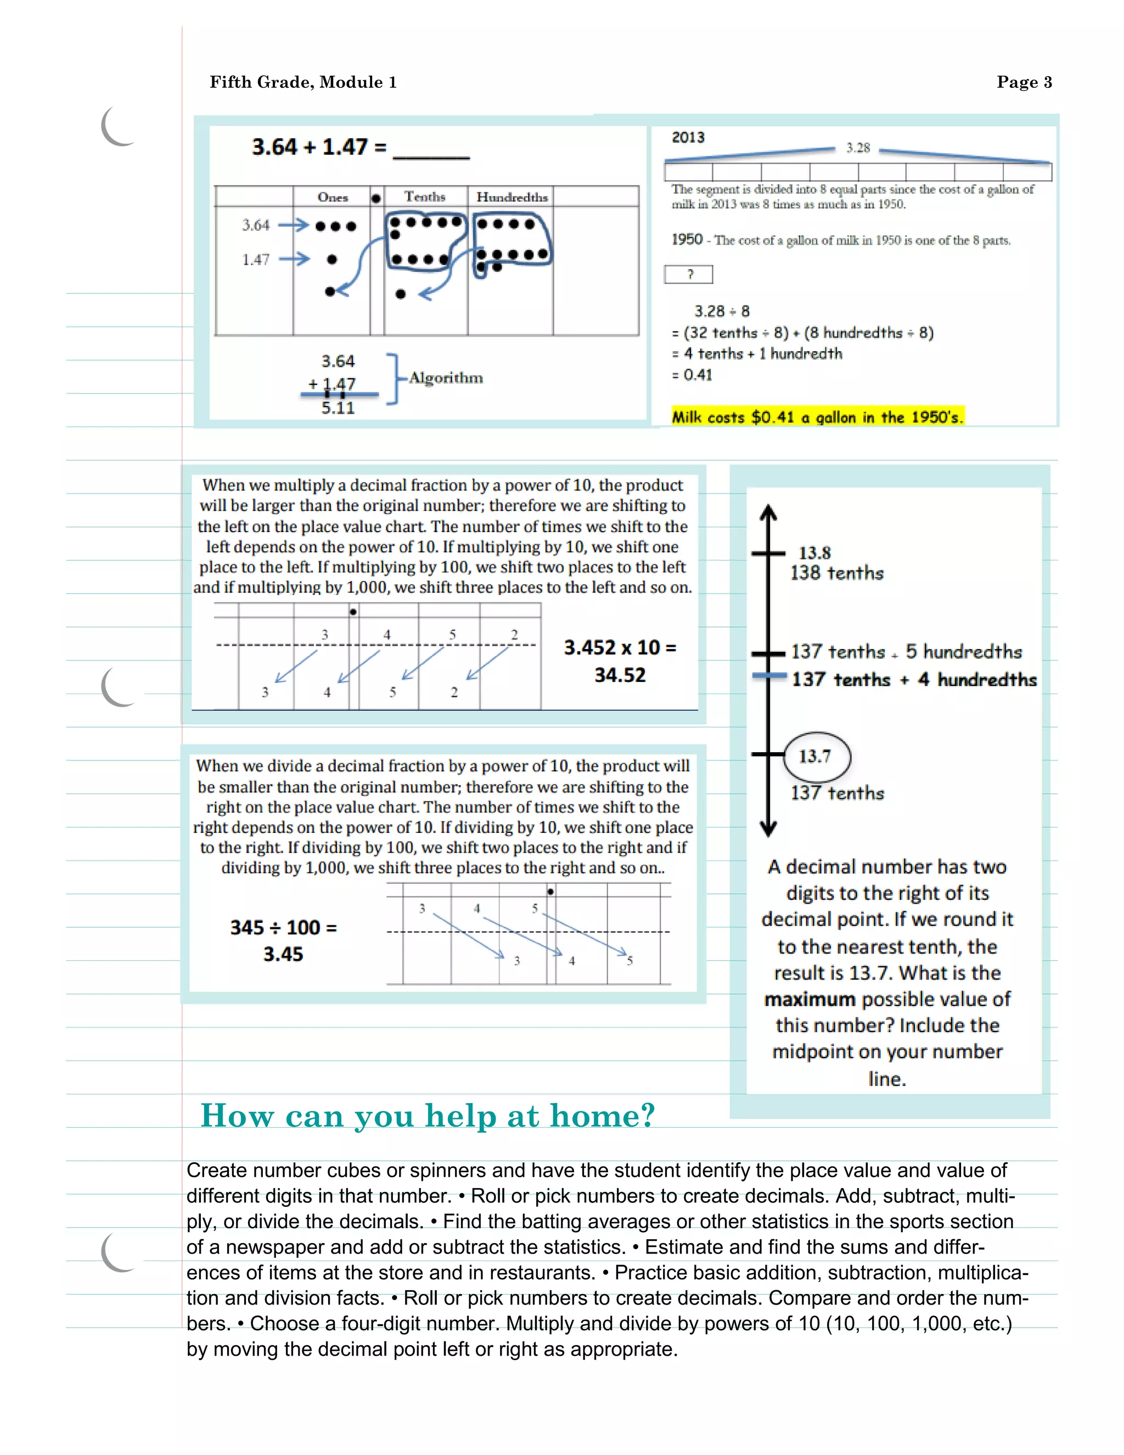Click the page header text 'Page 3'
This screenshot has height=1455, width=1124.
click(1024, 82)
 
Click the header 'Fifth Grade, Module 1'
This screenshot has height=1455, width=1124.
click(303, 82)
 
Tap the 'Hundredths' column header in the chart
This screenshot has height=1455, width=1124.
click(512, 197)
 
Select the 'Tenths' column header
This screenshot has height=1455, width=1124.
click(424, 197)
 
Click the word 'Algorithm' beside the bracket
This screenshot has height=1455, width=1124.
click(446, 378)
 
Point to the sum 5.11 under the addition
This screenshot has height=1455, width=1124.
click(338, 408)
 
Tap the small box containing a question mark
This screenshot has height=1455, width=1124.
click(689, 274)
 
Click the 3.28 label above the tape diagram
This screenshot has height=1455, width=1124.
click(858, 148)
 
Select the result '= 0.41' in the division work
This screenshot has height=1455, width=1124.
click(693, 375)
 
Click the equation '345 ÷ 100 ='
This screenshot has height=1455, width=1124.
click(283, 927)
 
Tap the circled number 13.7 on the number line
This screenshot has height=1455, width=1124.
click(816, 756)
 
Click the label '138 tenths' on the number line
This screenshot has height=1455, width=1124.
click(836, 573)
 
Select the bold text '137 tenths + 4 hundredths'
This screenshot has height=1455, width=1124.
click(914, 680)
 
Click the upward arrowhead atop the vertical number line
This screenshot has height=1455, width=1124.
click(768, 512)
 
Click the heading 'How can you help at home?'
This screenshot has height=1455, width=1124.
click(428, 1116)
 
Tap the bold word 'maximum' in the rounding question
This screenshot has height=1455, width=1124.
click(809, 999)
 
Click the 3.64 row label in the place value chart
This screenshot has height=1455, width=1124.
click(256, 225)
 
